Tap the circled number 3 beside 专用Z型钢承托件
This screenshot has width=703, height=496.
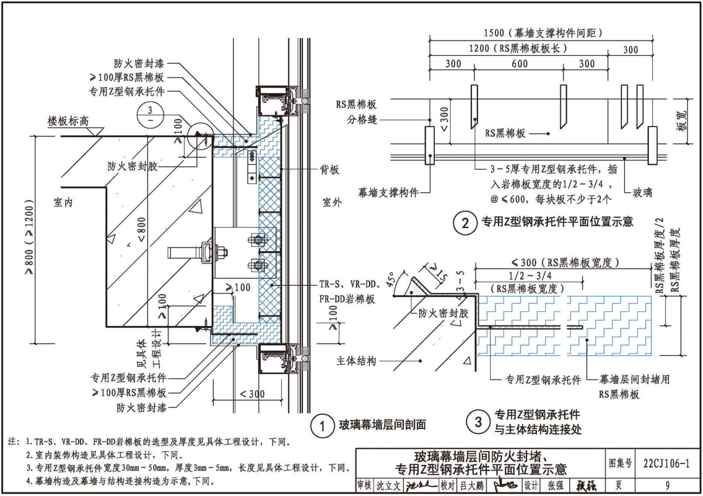[478, 423]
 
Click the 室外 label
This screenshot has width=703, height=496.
[333, 202]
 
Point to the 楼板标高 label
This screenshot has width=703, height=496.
[68, 122]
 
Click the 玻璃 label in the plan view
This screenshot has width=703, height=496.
[641, 193]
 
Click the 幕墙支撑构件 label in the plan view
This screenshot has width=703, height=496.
[388, 192]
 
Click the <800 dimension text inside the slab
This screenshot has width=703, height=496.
[142, 229]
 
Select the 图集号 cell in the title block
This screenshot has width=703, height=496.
[621, 463]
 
